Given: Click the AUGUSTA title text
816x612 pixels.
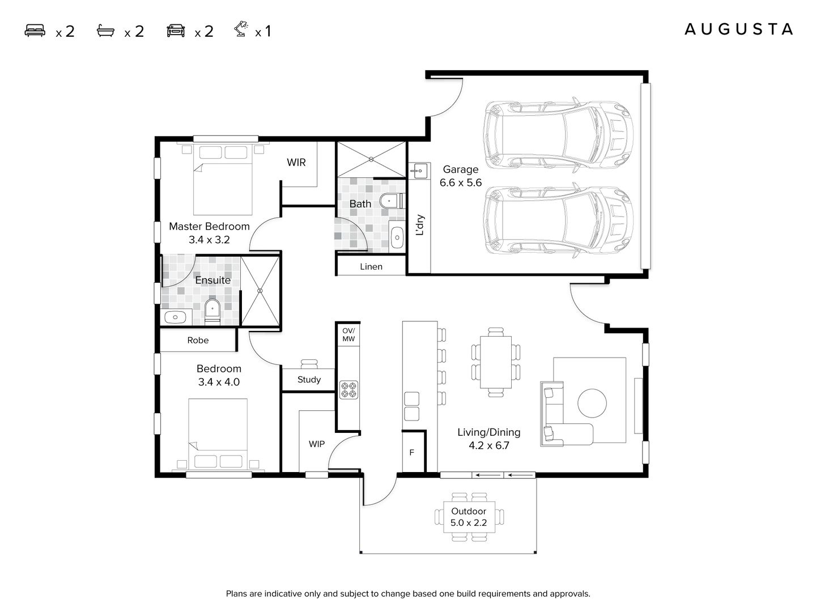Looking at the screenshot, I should pyautogui.click(x=738, y=29).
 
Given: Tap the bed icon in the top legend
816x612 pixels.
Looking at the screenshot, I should pyautogui.click(x=35, y=31).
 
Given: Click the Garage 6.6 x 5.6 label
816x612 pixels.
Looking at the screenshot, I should pyautogui.click(x=460, y=176).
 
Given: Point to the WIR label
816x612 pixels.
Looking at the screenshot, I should pyautogui.click(x=296, y=163).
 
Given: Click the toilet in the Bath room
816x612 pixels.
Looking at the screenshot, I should pyautogui.click(x=390, y=201).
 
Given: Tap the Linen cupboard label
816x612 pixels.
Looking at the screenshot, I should pyautogui.click(x=371, y=266).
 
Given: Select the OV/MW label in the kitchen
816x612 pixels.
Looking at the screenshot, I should pyautogui.click(x=348, y=335).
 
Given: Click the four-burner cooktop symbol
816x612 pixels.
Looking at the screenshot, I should pyautogui.click(x=348, y=389).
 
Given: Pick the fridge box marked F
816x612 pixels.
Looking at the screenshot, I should pyautogui.click(x=412, y=452).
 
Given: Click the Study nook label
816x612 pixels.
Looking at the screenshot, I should pyautogui.click(x=309, y=380).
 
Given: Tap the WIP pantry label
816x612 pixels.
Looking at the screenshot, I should pyautogui.click(x=316, y=444).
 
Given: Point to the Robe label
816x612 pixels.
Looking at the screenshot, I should pyautogui.click(x=198, y=340).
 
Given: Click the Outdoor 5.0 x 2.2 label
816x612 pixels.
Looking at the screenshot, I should pyautogui.click(x=469, y=517).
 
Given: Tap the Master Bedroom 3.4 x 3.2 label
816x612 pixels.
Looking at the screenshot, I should pyautogui.click(x=209, y=232).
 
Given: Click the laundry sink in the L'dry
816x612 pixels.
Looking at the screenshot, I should pyautogui.click(x=418, y=170).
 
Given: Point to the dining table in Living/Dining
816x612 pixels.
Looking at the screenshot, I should pyautogui.click(x=495, y=362).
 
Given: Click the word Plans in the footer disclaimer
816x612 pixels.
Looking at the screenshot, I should pyautogui.click(x=237, y=594).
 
